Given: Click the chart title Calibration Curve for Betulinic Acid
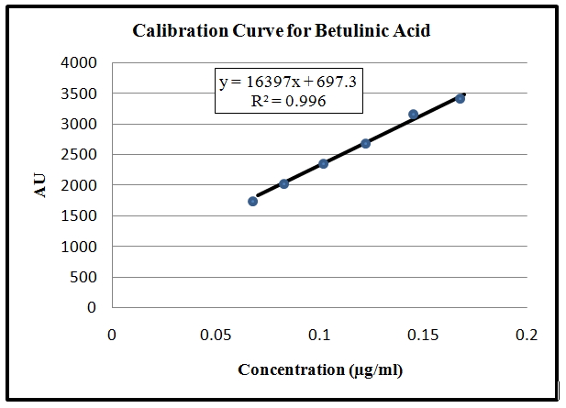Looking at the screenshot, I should pos(282,30).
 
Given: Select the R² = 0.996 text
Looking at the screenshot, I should pos(288,101).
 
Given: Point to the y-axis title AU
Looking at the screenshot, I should pos(40,184).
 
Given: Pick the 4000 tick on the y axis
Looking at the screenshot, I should pos(79,62).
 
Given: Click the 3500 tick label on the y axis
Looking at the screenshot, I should pos(79,94).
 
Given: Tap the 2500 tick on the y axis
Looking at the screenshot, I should pos(79,155).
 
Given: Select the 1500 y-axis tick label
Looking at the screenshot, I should pos(79,216).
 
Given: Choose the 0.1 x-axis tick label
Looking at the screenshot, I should pos(318,336).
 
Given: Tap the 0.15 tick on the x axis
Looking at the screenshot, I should pos(422,336).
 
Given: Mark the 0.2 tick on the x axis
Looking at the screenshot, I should pos(526,336).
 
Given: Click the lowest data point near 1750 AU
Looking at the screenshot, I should pos(252,201).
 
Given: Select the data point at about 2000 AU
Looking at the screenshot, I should pos(283,183).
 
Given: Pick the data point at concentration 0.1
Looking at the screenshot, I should pos(323,163).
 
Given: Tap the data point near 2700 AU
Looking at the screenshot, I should pos(365,143).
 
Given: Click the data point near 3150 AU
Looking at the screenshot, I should pos(413,114).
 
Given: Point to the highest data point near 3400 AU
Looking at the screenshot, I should pos(460,98).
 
